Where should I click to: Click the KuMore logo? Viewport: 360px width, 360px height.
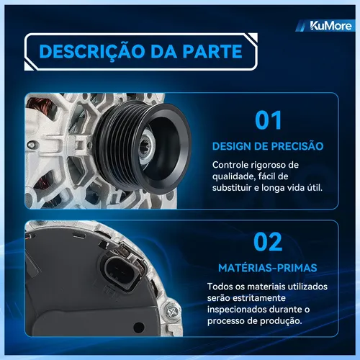pos(330,26)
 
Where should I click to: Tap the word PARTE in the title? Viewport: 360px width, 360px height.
pos(212,51)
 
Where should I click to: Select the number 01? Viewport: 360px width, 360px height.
pos(268,120)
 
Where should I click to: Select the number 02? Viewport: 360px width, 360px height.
pos(268,242)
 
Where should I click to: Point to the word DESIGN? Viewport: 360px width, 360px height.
pos(231,146)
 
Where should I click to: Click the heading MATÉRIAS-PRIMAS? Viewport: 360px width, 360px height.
pos(268,268)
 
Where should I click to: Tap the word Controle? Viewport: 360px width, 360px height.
pos(230,165)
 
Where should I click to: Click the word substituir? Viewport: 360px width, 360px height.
pos(232,187)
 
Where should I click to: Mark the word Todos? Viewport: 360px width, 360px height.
pos(220,287)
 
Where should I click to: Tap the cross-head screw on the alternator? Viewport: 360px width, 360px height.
pos(172,311)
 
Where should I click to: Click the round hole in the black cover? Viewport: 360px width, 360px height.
pos(138,327)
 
